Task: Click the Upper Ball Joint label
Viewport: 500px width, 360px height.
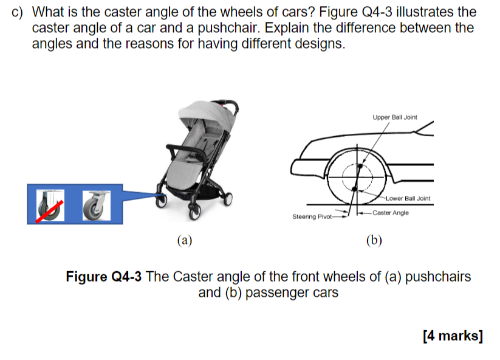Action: tap(395, 117)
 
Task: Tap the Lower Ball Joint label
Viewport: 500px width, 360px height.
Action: tap(408, 198)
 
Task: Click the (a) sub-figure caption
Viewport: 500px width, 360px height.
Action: tap(184, 240)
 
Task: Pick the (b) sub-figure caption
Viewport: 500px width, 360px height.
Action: tap(374, 240)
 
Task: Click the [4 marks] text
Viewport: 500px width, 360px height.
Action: tap(453, 336)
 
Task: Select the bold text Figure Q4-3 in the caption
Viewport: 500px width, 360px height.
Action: tap(103, 277)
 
